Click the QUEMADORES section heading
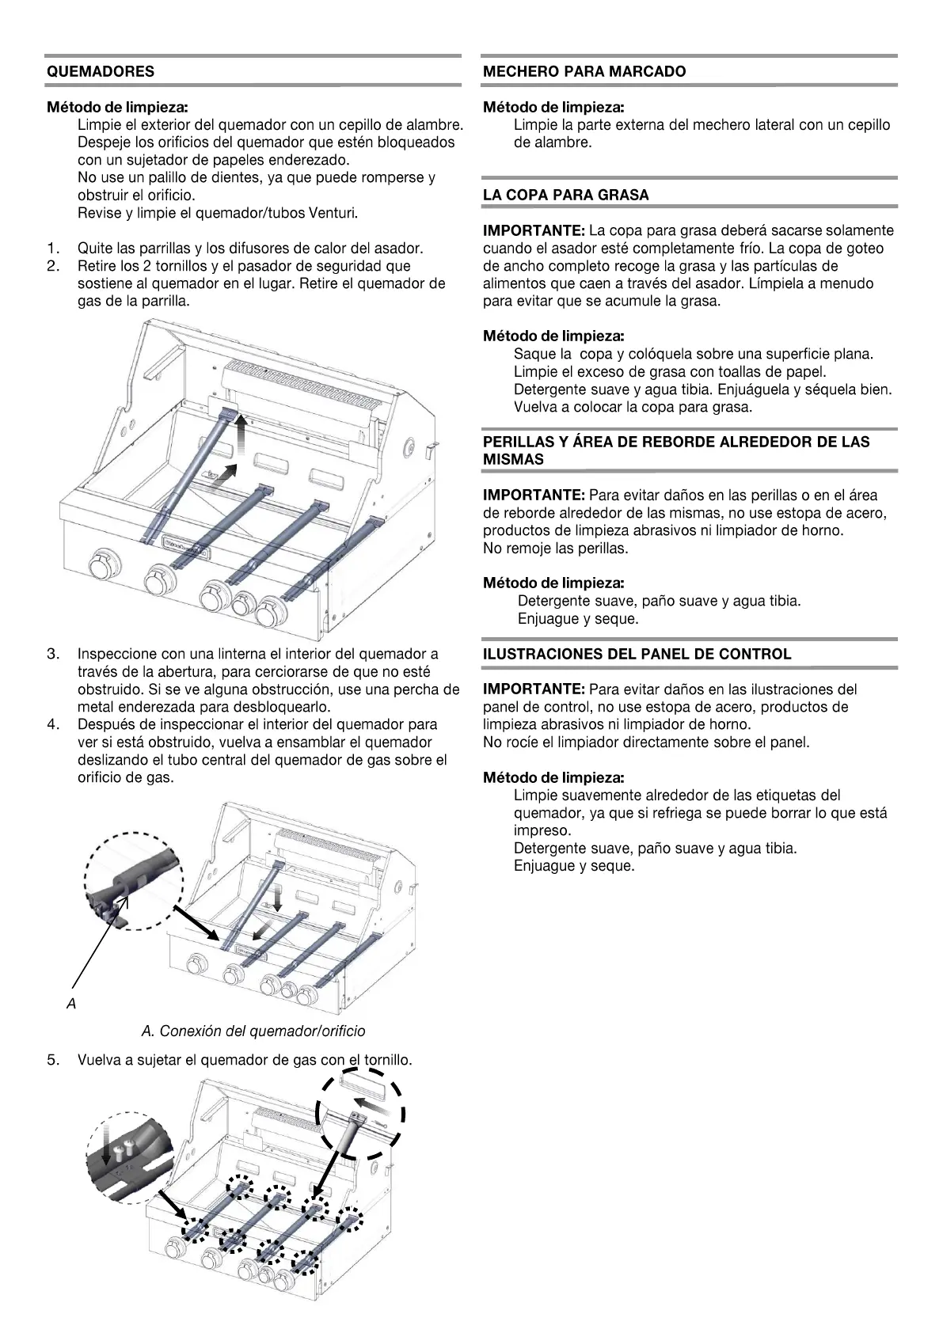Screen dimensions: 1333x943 pyautogui.click(x=101, y=71)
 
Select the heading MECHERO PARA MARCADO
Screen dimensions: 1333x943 pyautogui.click(x=584, y=71)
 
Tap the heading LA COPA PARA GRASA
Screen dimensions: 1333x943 pyautogui.click(x=565, y=195)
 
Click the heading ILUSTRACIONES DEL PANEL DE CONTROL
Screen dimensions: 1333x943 pyautogui.click(x=637, y=655)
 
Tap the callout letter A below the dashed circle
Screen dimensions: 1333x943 pyautogui.click(x=71, y=1004)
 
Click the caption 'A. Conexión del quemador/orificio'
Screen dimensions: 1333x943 pyautogui.click(x=253, y=1031)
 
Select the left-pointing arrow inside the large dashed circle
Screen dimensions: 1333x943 pyautogui.click(x=371, y=1103)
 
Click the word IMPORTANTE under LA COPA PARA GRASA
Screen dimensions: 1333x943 pyautogui.click(x=534, y=231)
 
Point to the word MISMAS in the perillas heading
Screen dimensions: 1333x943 pyautogui.click(x=513, y=460)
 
